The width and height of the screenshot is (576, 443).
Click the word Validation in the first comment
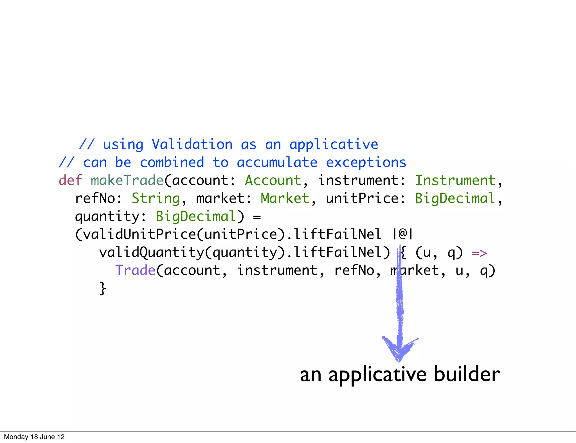tap(192, 144)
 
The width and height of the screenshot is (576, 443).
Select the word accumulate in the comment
tap(277, 162)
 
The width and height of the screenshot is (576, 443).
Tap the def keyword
tap(70, 180)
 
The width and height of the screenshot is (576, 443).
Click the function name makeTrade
tap(127, 180)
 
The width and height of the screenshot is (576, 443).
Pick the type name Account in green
tap(273, 180)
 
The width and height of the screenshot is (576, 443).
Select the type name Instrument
tap(455, 180)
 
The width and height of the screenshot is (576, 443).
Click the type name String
tap(156, 198)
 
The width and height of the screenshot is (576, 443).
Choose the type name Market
tap(285, 198)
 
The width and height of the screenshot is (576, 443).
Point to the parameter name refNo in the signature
tap(95, 198)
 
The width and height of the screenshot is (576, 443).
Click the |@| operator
tap(403, 234)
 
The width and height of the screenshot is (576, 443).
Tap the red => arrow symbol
tap(479, 253)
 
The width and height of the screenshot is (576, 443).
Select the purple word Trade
tap(135, 270)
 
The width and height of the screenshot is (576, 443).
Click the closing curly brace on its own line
tap(103, 289)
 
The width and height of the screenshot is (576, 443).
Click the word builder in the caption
tap(467, 374)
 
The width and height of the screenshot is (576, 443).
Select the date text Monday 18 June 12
tap(34, 437)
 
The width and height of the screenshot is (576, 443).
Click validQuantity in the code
tap(151, 252)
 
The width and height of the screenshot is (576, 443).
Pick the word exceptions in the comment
tap(366, 162)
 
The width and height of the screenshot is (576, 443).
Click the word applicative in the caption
tap(377, 374)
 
